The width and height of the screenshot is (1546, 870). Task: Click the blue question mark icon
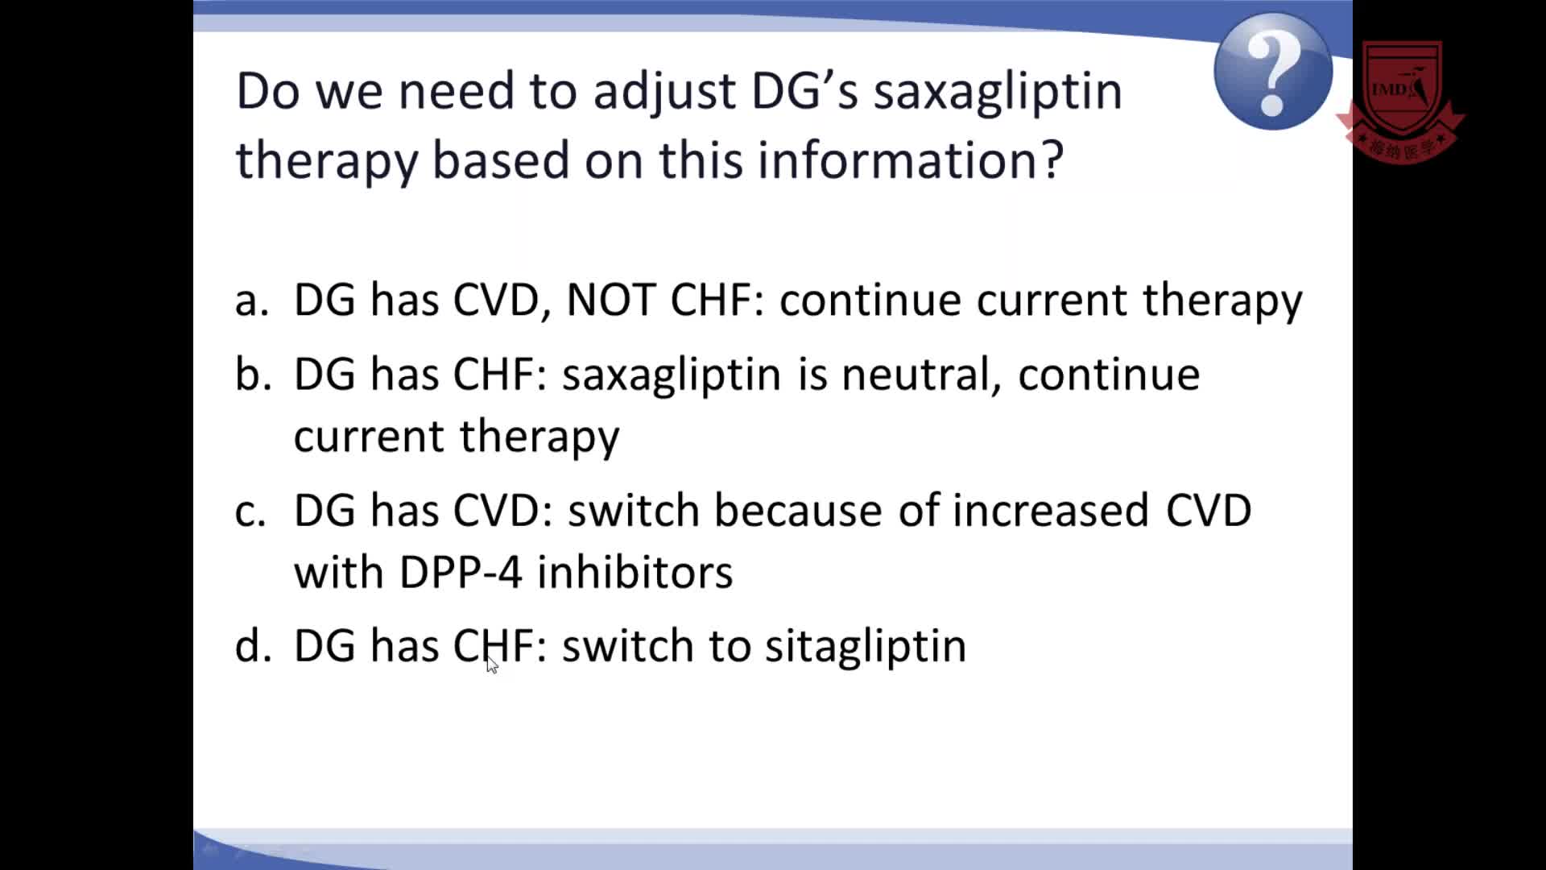tap(1272, 71)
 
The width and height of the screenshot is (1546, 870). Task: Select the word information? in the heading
tap(911, 159)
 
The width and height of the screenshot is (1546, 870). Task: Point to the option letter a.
tap(251, 300)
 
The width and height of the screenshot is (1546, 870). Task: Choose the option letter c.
tap(250, 512)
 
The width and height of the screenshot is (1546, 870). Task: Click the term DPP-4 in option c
tap(460, 572)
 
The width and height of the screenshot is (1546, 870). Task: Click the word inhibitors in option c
tap(635, 571)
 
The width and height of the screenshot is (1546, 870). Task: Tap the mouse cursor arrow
tap(492, 664)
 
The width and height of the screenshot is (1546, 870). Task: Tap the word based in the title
tap(502, 159)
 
